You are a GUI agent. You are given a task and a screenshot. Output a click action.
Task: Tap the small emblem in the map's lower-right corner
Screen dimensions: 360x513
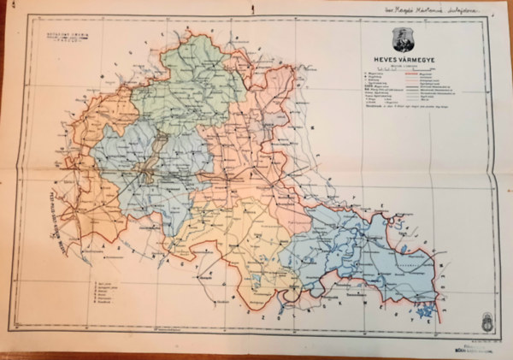pos(487,322)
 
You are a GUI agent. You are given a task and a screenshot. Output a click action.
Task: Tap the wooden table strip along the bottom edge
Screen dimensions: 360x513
pos(256,356)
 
